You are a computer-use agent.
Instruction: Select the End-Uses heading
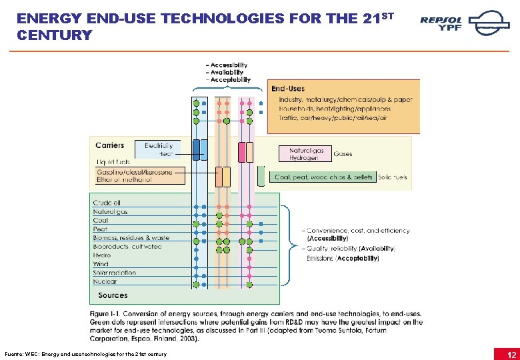coord(288,89)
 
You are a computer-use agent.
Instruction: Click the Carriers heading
coord(109,145)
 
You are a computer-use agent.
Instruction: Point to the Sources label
coord(113,295)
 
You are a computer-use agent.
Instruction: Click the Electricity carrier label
coord(159,145)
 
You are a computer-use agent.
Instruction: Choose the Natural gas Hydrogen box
coord(307,154)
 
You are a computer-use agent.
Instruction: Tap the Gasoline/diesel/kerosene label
coord(134,172)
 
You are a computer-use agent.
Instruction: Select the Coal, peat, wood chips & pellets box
coord(323,177)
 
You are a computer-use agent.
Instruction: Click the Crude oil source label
coord(107,203)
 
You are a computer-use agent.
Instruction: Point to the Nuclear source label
coord(105,281)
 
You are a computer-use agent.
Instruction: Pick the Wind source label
coord(101,264)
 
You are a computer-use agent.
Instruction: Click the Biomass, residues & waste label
coord(131,238)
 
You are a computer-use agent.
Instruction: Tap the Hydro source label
coord(102,255)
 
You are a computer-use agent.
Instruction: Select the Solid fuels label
coord(392,177)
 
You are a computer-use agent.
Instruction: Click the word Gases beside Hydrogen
coord(343,154)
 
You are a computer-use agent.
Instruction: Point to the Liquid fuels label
coord(113,161)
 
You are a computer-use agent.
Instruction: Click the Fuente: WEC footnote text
coord(85,353)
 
